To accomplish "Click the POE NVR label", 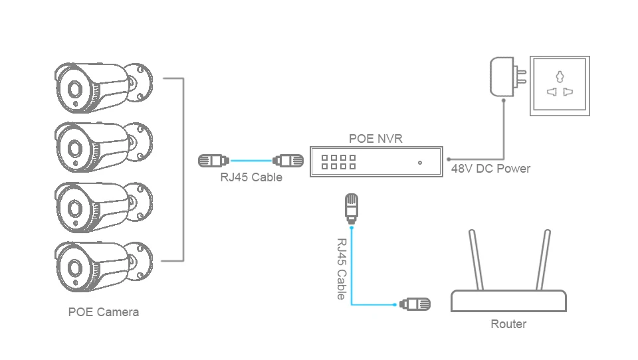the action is click(375, 138).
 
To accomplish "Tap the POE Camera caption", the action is click(104, 312).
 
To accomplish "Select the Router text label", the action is click(508, 323).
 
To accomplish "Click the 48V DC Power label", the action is click(490, 169).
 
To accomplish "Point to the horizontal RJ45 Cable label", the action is click(251, 177).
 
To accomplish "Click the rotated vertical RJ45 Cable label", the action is click(341, 269).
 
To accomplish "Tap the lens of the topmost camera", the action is click(74, 89).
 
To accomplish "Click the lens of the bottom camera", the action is click(74, 268).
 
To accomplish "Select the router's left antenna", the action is click(476, 260).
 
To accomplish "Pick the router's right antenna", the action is click(543, 260).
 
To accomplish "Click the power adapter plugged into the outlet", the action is click(508, 77).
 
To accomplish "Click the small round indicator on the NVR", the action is click(420, 163).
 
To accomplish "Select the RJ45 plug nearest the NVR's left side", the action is click(288, 161).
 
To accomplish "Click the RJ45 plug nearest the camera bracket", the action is click(213, 161).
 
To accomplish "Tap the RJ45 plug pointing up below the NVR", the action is click(352, 209).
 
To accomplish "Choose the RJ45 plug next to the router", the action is click(415, 304).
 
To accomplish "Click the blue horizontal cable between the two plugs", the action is click(251, 161).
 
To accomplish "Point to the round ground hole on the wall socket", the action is click(560, 76).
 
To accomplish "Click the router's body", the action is click(508, 301).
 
